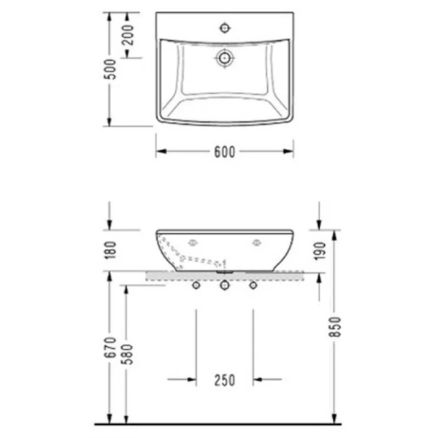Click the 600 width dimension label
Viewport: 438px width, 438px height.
pos(225,152)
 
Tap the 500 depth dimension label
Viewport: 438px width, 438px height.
pos(110,69)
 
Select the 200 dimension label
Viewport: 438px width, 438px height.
pos(128,35)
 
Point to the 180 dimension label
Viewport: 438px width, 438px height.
pos(110,250)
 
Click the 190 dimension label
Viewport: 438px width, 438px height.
pos(320,251)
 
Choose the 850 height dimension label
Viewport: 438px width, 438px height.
pos(334,327)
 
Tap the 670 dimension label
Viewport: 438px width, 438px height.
pos(110,347)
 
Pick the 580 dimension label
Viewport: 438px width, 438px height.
pos(128,354)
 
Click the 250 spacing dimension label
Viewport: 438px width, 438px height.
pos(225,380)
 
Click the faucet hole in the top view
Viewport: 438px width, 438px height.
pos(225,28)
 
